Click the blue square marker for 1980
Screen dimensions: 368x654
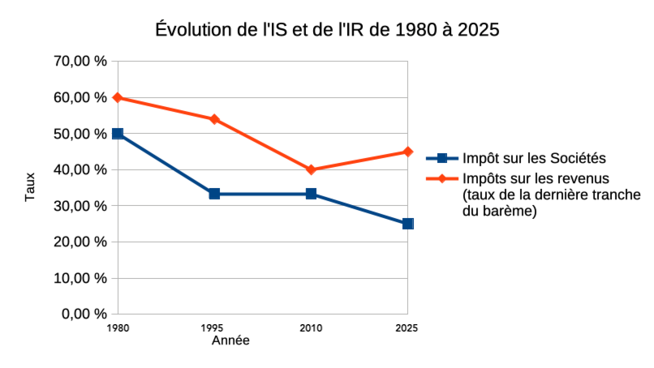118,134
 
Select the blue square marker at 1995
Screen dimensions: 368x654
214,194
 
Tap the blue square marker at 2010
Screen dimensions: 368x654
311,194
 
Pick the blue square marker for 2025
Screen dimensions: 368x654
407,224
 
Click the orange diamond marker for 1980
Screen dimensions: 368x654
118,97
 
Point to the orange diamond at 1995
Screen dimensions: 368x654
214,119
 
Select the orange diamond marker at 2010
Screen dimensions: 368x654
311,169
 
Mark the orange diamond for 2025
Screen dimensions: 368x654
407,152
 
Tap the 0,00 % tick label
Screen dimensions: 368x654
84,314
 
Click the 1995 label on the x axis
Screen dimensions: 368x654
214,328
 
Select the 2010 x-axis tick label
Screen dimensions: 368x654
311,328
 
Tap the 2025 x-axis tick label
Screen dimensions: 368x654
407,328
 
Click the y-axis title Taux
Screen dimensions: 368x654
30,187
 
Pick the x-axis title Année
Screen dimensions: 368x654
230,340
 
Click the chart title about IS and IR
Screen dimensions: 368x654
326,30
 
